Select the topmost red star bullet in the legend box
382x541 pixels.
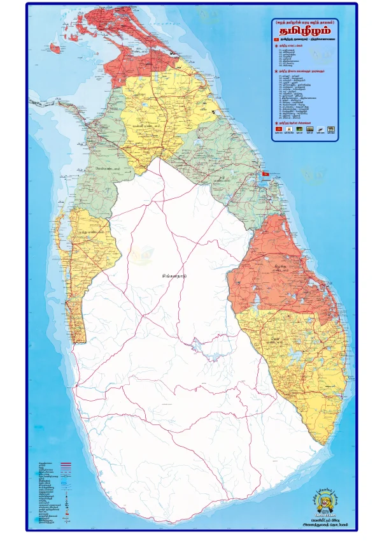(x=276, y=46)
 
